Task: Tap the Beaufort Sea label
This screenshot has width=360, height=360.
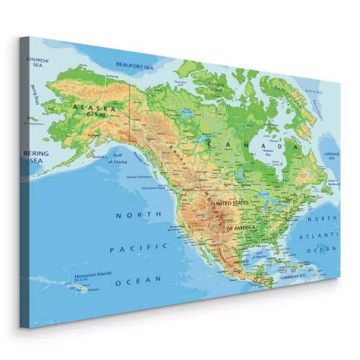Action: [135, 67]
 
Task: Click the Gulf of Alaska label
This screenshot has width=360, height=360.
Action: [117, 160]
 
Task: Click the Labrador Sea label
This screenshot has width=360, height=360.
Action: [330, 156]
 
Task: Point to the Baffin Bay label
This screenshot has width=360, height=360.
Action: [312, 93]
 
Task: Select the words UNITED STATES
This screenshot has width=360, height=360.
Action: [230, 204]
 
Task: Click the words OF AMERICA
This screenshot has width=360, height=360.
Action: [241, 228]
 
